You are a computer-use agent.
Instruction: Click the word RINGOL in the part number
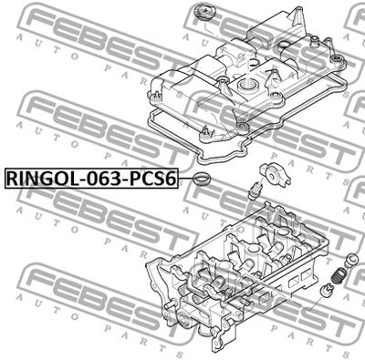pos(41,179)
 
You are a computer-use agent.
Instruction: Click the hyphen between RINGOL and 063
pos(78,180)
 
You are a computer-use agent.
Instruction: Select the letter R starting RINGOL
pos(12,179)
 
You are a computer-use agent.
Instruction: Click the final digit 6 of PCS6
pos(171,179)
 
